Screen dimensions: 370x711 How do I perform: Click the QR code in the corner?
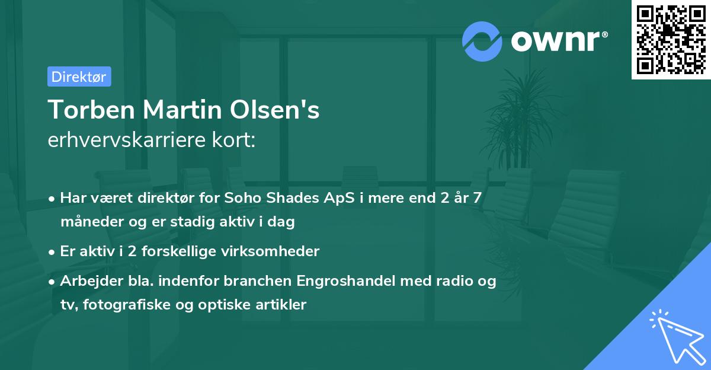coord(671,39)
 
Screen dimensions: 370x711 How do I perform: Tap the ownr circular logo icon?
coord(482,41)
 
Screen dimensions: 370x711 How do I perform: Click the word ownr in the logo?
coord(557,40)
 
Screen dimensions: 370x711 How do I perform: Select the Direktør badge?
coord(79,76)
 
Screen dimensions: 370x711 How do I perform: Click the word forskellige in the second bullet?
coord(180,251)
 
